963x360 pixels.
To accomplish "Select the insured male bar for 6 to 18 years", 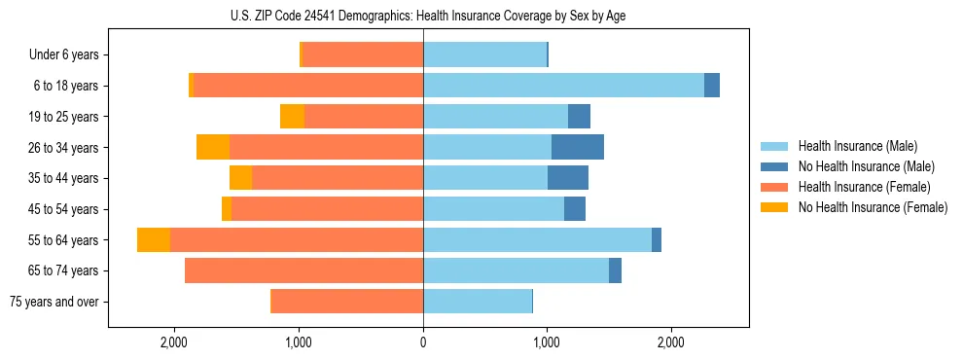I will click(x=563, y=86).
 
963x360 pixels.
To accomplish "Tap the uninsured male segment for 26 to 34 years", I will click(x=578, y=147).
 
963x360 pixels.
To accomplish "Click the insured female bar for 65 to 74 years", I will click(x=303, y=270).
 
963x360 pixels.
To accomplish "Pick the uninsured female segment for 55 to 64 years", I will click(x=154, y=240).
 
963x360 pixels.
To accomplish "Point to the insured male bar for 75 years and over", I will click(x=478, y=302).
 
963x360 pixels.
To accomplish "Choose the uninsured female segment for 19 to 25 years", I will click(x=292, y=117).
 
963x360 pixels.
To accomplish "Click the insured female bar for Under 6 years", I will click(x=363, y=54).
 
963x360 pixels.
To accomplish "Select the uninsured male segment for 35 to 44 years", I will click(x=568, y=178).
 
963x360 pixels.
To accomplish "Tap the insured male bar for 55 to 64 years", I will click(x=537, y=240).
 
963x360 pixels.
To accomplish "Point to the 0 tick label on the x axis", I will click(x=423, y=342).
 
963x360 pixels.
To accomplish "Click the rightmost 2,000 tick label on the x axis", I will click(x=671, y=342).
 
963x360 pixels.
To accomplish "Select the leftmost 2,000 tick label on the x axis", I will click(x=174, y=342).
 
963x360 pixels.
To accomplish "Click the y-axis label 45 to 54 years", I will click(x=65, y=209).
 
